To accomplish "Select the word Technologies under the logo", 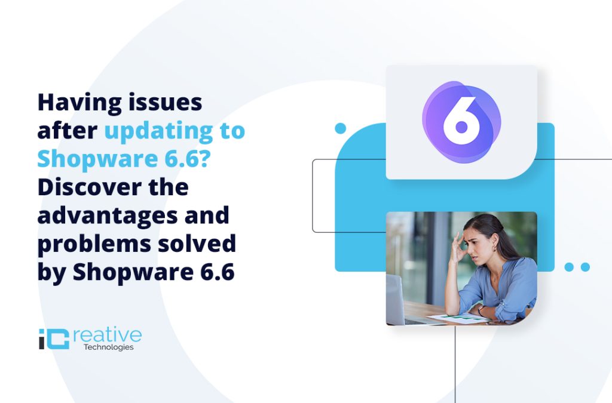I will click(109, 347).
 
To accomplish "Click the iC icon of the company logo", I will click(51, 338).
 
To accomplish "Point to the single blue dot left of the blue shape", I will click(341, 128).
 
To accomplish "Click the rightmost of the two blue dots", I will click(585, 267).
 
